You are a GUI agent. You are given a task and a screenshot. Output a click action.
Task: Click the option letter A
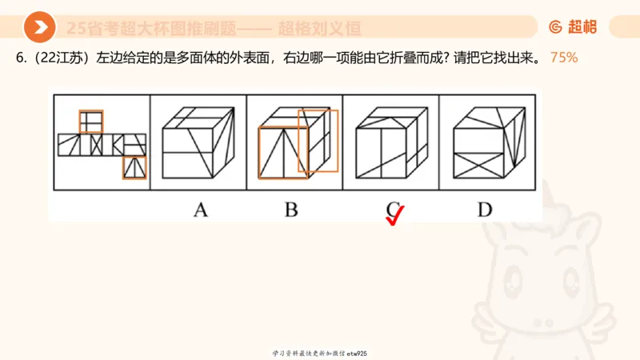pos(200,210)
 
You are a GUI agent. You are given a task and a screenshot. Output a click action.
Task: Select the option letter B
pos(291,210)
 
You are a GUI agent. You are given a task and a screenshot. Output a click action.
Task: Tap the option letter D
pos(485,210)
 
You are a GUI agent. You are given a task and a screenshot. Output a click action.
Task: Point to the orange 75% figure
pos(564,59)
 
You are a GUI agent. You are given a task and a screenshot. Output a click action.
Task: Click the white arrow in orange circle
pos(39,27)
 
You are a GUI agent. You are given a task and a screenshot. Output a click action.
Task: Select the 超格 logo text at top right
pos(582,27)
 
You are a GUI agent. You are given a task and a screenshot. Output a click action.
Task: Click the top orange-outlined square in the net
pos(90,122)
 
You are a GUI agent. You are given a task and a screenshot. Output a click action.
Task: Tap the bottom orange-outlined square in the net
pos(134,167)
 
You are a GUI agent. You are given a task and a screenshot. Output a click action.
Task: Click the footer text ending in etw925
pos(320,353)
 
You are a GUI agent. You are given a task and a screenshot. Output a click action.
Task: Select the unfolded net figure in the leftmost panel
pos(102,144)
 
